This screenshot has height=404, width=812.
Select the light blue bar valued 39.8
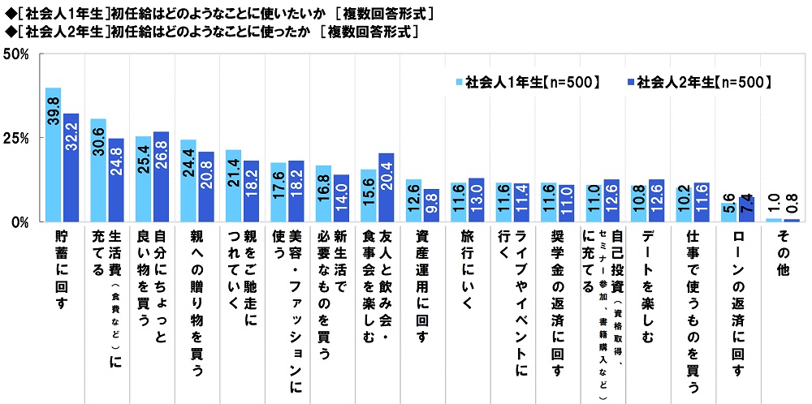coord(54,154)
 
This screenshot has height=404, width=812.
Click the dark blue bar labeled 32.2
coord(71,167)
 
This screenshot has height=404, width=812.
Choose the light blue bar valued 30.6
coord(98,170)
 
